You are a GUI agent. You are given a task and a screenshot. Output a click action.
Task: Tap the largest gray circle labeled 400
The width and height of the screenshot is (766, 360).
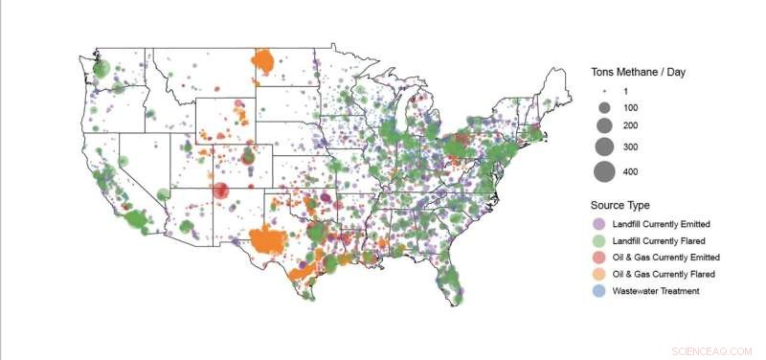tap(604, 172)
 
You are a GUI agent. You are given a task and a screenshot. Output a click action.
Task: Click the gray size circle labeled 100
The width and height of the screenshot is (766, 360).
tap(604, 107)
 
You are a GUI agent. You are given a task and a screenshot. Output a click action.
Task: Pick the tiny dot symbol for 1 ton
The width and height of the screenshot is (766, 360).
tap(604, 88)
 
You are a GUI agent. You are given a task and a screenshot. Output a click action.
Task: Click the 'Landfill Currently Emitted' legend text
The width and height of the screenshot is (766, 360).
tap(662, 224)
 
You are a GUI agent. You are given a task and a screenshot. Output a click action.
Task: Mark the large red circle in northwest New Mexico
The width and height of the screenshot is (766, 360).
tap(221, 191)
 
